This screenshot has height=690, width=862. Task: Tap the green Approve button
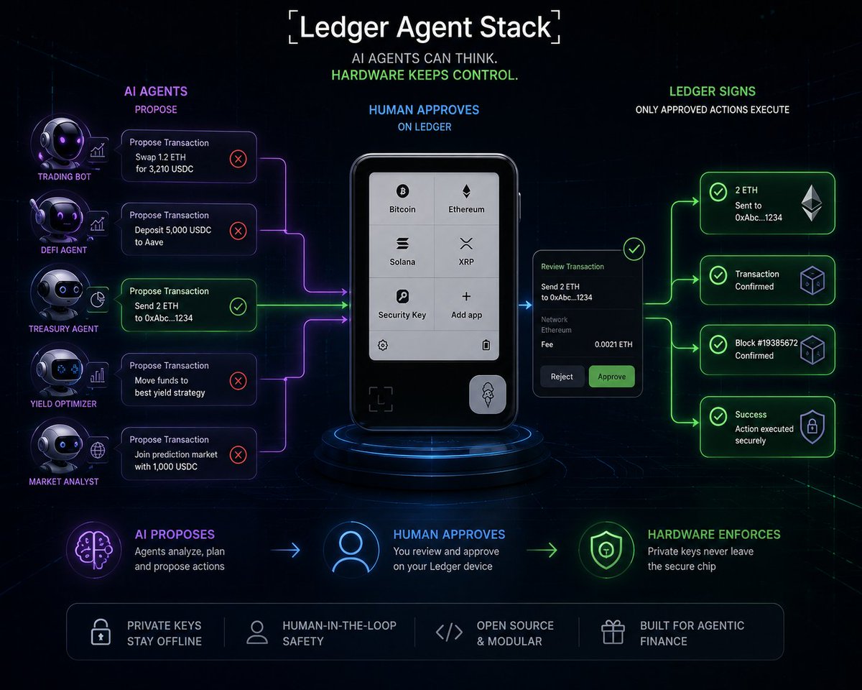[x=611, y=377]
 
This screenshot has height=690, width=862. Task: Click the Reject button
[x=562, y=377]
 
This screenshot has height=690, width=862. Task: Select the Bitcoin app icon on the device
[x=402, y=191]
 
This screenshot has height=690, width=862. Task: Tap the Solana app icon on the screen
[x=402, y=244]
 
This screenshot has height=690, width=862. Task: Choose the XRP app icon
[x=466, y=244]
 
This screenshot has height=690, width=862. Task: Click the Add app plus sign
[x=466, y=296]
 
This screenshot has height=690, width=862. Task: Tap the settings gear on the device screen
[x=383, y=345]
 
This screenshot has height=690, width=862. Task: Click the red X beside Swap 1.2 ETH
[x=238, y=159]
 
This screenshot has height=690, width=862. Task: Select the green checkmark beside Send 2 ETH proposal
[x=238, y=307]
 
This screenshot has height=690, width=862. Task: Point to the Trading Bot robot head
[x=62, y=142]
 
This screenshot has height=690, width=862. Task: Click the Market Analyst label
[x=64, y=482]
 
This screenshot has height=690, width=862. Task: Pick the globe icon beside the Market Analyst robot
[x=98, y=450]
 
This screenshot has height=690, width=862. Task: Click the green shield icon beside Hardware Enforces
[x=606, y=550]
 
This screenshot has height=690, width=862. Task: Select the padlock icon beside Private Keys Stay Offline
[x=101, y=632]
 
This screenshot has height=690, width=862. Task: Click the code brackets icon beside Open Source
[x=449, y=632]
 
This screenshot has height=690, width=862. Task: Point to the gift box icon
[x=613, y=632]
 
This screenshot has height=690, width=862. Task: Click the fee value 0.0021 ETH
[x=613, y=344]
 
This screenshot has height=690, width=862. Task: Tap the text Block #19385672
[x=766, y=343]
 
